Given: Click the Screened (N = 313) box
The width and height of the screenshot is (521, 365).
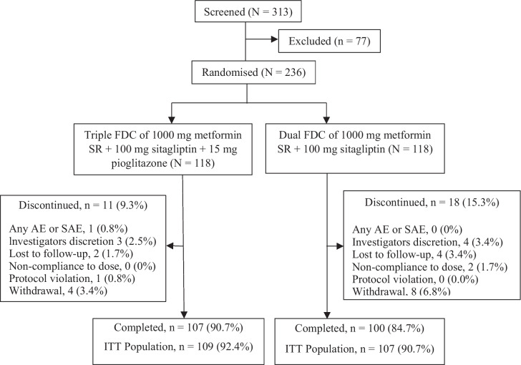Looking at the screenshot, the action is point(248,12).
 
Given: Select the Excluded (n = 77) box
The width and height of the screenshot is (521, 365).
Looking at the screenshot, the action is point(329,42).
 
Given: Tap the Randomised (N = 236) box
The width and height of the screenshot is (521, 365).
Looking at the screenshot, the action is point(253,72).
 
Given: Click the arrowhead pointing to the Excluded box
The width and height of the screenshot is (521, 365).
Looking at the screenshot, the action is point(275,39).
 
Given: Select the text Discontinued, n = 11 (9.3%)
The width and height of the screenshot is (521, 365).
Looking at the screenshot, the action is point(83,205).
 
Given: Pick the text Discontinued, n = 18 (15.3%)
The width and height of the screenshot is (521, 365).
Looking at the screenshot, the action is point(432,203).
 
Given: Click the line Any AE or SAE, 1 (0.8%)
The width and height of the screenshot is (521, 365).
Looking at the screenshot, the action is point(69,228).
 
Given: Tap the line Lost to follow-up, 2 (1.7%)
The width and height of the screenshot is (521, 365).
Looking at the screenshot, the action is point(71,253).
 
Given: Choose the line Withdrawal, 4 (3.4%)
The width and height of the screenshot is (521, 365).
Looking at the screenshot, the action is point(58,291).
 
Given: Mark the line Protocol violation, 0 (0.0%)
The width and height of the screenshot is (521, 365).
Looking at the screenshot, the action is point(415,279).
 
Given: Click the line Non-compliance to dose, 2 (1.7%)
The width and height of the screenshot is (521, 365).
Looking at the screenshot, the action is point(429,267).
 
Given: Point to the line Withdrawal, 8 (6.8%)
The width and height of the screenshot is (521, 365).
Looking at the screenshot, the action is point(401,291).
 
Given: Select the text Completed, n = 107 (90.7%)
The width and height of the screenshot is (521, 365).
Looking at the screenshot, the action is point(178,328).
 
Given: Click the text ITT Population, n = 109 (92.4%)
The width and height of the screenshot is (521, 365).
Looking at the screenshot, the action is point(178,346).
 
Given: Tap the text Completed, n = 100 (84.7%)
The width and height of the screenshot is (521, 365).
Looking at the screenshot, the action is point(359,328).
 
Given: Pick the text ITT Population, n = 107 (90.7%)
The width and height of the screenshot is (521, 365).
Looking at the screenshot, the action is point(359,349).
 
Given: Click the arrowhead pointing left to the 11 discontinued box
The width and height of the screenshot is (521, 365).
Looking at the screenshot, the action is point(170,246).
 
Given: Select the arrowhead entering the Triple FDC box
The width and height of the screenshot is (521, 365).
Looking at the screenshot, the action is point(172,120).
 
